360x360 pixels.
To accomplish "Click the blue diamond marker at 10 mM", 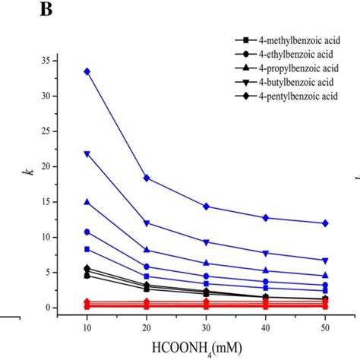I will pyautogui.click(x=87, y=71).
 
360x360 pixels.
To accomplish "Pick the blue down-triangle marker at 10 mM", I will pyautogui.click(x=87, y=153).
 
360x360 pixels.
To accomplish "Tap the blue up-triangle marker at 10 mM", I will pyautogui.click(x=87, y=202).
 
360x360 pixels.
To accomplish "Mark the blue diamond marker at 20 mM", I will pyautogui.click(x=147, y=178).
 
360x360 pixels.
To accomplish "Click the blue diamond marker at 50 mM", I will pyautogui.click(x=325, y=223).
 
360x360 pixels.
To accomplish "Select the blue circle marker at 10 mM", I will pyautogui.click(x=87, y=232).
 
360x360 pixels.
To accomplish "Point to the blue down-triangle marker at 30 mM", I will pyautogui.click(x=206, y=242).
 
